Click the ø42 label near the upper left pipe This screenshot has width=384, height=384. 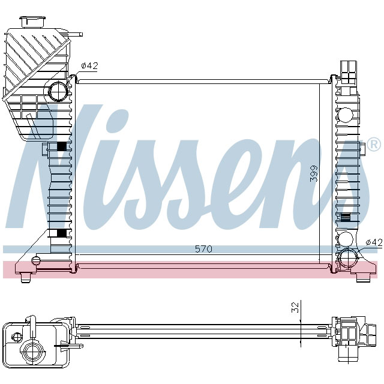(x=89, y=66)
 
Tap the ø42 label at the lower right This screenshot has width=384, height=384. (x=373, y=242)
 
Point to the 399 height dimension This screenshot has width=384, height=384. (x=313, y=174)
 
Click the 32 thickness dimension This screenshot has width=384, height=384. (x=295, y=307)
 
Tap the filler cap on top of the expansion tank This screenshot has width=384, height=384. (x=29, y=22)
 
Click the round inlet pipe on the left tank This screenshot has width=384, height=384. (x=59, y=92)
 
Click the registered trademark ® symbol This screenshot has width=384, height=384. (x=373, y=145)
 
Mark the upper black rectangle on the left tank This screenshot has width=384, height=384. (x=61, y=146)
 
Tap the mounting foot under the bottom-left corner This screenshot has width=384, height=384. (x=26, y=277)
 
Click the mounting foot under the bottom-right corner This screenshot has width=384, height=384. (x=363, y=277)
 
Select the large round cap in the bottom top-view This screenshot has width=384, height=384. (x=31, y=352)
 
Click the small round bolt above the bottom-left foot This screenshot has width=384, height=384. (x=35, y=260)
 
